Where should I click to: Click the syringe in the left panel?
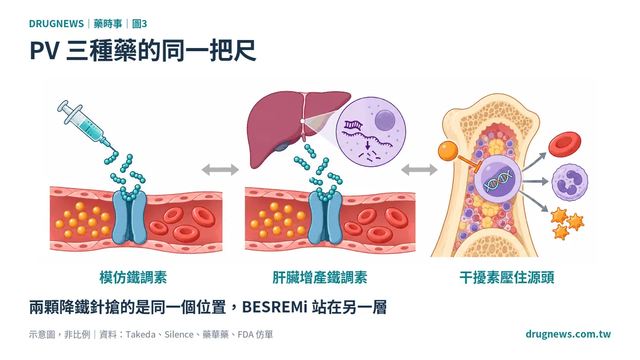(x=86, y=126)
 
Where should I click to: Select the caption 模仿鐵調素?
(x=133, y=277)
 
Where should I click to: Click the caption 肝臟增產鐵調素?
(x=319, y=277)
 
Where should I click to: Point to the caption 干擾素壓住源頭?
(x=507, y=277)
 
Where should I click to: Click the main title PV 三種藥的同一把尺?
(x=142, y=51)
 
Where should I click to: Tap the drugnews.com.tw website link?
(x=568, y=334)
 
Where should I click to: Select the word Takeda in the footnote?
(x=141, y=334)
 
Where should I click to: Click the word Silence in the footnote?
(x=179, y=334)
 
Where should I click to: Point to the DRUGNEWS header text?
(x=57, y=23)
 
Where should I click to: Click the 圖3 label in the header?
(x=139, y=23)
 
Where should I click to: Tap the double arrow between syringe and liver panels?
(x=220, y=170)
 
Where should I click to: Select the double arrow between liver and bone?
(x=419, y=170)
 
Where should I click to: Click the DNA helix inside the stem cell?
(x=498, y=180)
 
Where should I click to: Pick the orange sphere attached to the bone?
(x=447, y=150)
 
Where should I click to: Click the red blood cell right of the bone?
(x=565, y=145)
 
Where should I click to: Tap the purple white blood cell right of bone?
(x=570, y=182)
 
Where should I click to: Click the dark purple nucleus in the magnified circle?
(x=385, y=121)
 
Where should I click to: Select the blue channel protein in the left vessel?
(x=130, y=217)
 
